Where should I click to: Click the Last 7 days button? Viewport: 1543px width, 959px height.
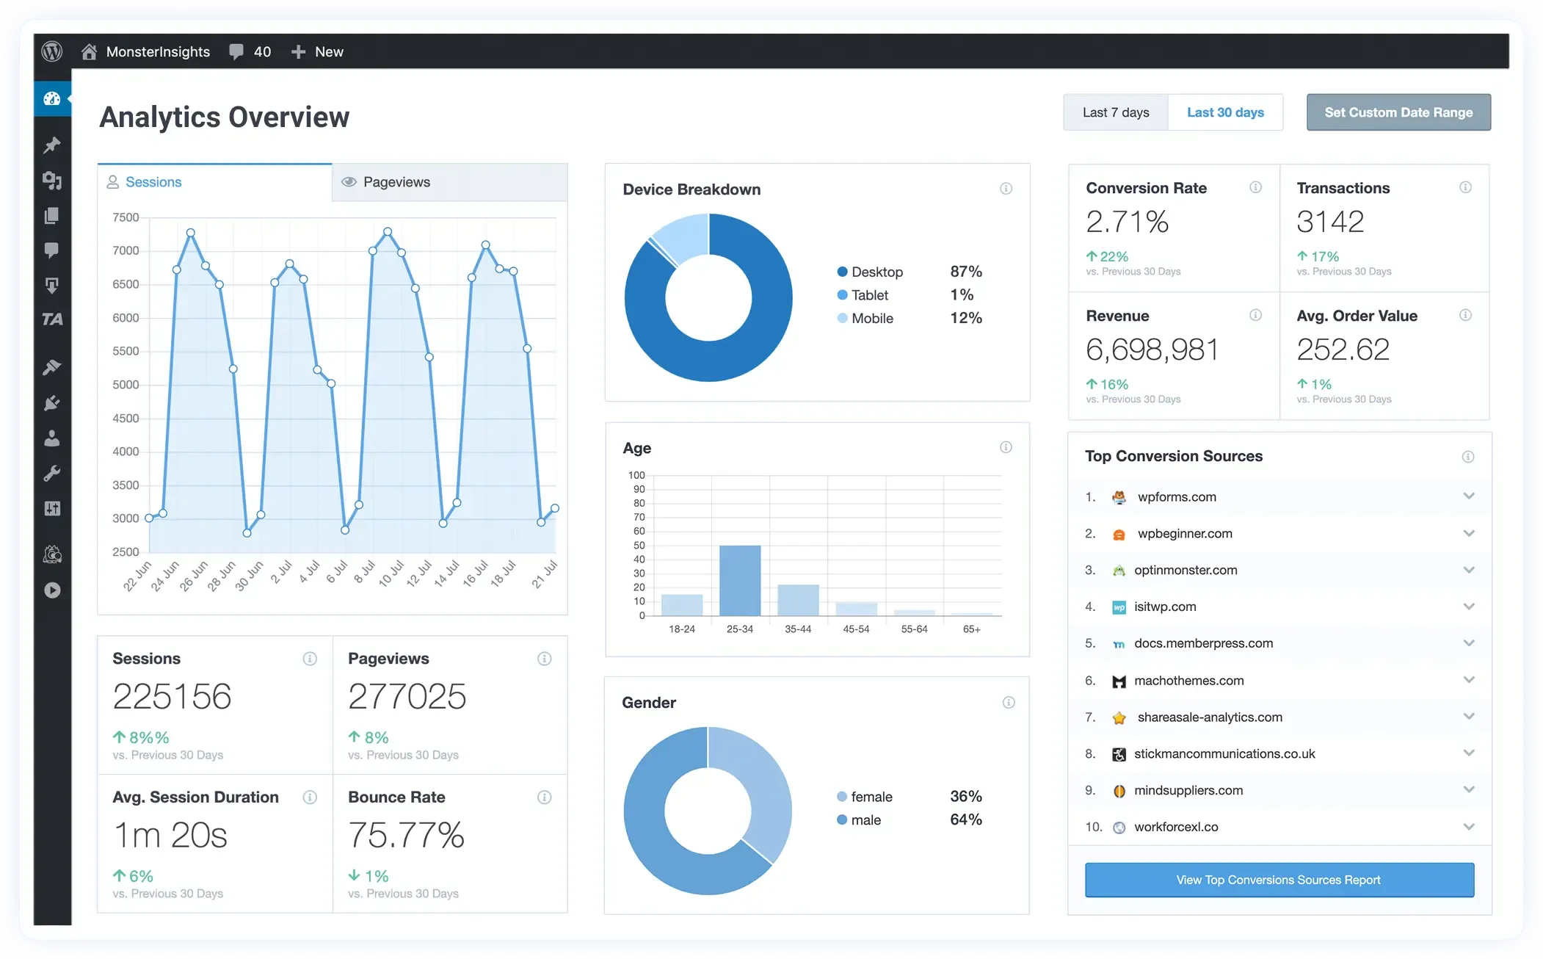pyautogui.click(x=1115, y=112)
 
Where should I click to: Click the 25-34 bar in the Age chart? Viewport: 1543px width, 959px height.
pyautogui.click(x=739, y=580)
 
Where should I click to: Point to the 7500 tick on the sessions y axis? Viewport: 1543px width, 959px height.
pyautogui.click(x=126, y=217)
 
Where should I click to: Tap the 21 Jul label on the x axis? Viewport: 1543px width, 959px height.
pyautogui.click(x=545, y=574)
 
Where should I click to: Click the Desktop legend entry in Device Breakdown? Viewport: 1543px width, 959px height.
pyautogui.click(x=876, y=272)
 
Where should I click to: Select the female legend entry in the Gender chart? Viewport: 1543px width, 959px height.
pyautogui.click(x=871, y=797)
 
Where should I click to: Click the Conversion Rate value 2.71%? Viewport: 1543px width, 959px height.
pyautogui.click(x=1127, y=222)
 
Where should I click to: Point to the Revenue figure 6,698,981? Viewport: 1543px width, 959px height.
pyautogui.click(x=1152, y=350)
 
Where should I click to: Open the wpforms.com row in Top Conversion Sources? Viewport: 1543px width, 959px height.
pyautogui.click(x=1176, y=497)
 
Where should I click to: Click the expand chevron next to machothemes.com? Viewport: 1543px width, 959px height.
pyautogui.click(x=1468, y=680)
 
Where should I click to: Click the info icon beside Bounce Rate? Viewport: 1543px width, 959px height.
pyautogui.click(x=544, y=797)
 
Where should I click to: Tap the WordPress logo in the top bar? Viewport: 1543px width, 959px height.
pyautogui.click(x=52, y=51)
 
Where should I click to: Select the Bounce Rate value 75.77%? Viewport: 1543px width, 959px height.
pyautogui.click(x=406, y=836)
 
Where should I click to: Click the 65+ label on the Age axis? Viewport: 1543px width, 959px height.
pyautogui.click(x=971, y=629)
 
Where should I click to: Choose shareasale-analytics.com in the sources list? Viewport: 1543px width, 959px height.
pyautogui.click(x=1209, y=717)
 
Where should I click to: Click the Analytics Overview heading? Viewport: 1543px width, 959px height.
pyautogui.click(x=224, y=117)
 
